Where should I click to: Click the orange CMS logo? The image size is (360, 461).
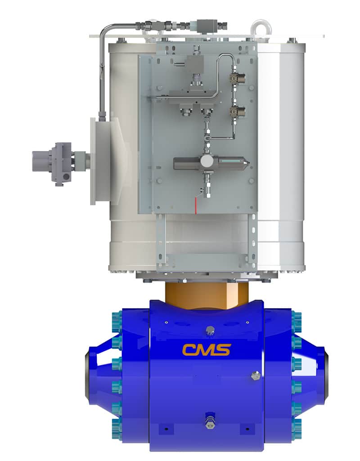pyautogui.click(x=206, y=350)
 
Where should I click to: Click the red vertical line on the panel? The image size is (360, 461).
pyautogui.click(x=195, y=205)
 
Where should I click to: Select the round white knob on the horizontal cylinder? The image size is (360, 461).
pyautogui.click(x=207, y=161)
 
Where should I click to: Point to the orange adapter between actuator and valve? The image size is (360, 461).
pyautogui.click(x=207, y=295)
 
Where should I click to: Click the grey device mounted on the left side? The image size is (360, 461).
pyautogui.click(x=59, y=164)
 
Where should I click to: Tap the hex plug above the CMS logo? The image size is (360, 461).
pyautogui.click(x=210, y=331)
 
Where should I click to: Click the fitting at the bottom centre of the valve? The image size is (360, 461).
pyautogui.click(x=210, y=419)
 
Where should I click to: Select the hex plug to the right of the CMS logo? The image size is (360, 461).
pyautogui.click(x=255, y=376)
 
